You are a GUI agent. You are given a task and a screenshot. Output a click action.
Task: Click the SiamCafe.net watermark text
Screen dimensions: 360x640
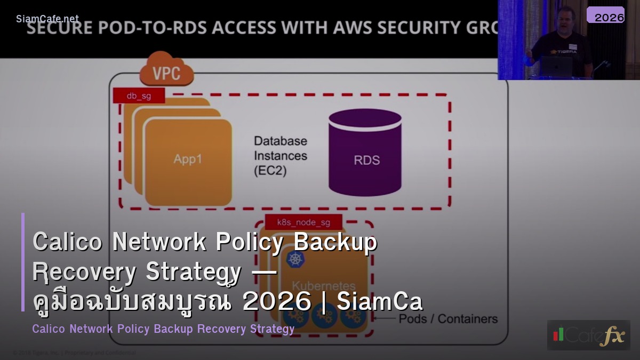[47, 19]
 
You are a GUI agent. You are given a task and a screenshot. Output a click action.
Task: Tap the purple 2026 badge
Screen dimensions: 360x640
[605, 16]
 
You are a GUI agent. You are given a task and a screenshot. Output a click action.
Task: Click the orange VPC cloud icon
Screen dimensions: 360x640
[166, 69]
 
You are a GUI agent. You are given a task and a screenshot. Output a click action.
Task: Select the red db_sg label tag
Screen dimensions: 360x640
[139, 96]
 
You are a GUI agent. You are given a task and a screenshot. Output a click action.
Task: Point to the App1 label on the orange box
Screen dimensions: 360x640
[188, 159]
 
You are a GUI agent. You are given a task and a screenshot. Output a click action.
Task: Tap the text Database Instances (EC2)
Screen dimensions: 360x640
[281, 156]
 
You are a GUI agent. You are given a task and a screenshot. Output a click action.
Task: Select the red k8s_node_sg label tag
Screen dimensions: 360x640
[303, 222]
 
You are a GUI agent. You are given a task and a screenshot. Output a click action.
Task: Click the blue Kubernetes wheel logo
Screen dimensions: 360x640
[295, 260]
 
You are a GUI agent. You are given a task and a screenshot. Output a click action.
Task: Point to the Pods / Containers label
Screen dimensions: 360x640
[448, 319]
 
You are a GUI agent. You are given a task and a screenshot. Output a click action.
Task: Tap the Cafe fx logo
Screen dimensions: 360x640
[588, 335]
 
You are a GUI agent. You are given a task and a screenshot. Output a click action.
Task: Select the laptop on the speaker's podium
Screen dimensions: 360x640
[556, 65]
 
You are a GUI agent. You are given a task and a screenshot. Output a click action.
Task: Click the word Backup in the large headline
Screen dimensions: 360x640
[335, 242]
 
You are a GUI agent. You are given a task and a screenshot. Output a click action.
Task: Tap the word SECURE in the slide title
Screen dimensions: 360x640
[62, 27]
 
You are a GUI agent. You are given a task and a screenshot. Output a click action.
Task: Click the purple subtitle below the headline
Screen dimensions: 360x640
[163, 329]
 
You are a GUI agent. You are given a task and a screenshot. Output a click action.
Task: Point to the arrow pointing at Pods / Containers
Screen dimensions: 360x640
[385, 319]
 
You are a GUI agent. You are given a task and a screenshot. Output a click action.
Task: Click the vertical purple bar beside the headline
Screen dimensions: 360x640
[23, 262]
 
